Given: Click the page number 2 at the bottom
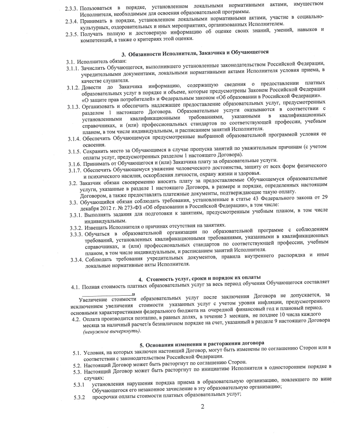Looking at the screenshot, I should pyautogui.click(x=202, y=406).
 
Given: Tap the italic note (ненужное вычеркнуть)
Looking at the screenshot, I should pyautogui.click(x=109, y=332).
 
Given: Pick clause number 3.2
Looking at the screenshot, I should pyautogui.click(x=71, y=180).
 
